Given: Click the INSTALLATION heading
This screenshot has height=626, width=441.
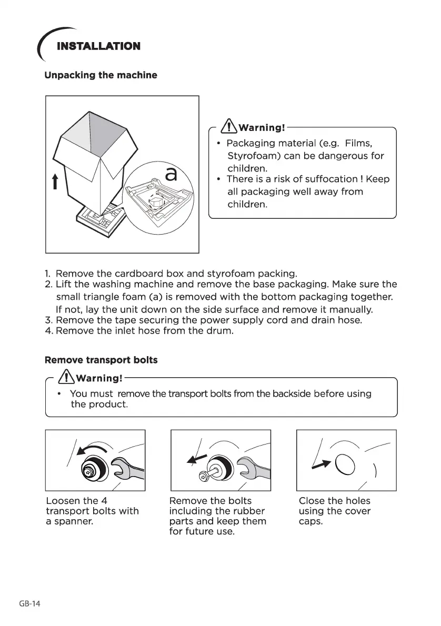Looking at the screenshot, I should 98,46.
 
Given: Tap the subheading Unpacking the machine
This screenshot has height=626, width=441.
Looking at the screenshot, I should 101,75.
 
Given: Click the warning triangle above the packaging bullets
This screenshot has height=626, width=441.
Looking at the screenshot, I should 229,127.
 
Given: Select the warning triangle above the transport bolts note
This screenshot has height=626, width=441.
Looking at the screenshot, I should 67,377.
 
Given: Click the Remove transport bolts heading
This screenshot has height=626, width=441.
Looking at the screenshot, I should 101,360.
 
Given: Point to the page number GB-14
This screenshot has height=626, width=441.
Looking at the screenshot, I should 29,604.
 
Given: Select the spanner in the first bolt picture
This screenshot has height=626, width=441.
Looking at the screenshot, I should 128,468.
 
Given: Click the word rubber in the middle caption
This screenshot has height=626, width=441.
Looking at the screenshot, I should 247,511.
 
